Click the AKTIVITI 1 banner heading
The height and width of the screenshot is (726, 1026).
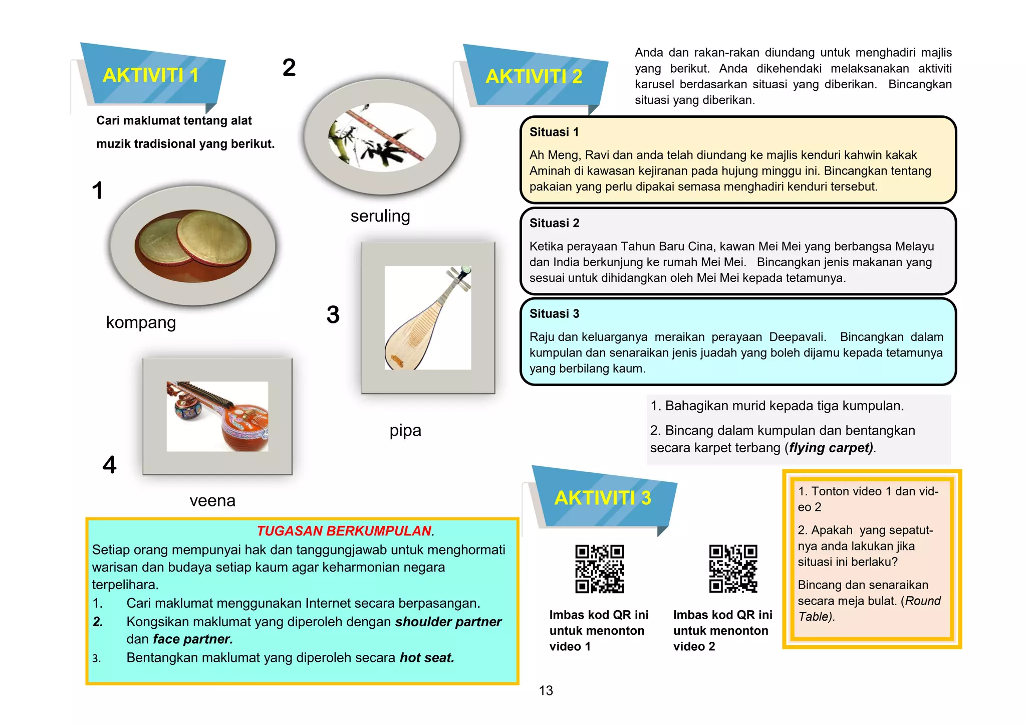150,76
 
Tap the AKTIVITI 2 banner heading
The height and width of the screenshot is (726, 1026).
534,77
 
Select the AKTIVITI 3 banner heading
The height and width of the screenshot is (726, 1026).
602,498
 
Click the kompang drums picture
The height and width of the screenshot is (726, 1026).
193,246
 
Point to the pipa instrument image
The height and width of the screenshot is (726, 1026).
427,318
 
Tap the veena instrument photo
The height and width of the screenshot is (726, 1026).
217,416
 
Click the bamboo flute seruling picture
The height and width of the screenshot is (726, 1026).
382,137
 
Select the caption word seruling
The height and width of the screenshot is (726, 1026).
380,216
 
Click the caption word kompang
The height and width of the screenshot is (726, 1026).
141,322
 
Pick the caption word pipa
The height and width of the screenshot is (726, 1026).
405,431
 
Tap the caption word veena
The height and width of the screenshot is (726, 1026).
212,500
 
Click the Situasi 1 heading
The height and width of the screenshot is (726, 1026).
554,132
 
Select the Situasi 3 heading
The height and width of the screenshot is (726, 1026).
554,314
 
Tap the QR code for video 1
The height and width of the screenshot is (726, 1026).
599,569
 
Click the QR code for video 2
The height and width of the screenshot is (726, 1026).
733,569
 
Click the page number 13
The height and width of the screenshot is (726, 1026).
546,691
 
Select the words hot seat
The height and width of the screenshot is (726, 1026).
426,658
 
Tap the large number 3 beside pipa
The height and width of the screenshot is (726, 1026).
333,315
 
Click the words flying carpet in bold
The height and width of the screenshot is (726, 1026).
831,448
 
